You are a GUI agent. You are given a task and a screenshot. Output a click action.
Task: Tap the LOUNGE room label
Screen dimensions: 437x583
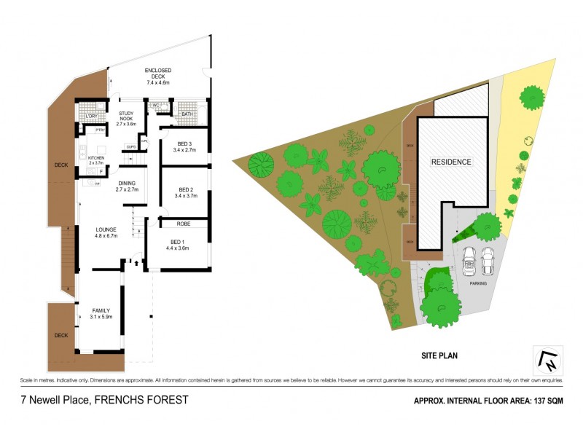pos(106,229)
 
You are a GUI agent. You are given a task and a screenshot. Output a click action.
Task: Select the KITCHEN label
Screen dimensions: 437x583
pos(96,157)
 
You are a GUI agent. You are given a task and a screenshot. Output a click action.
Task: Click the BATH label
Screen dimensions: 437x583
pos(187,114)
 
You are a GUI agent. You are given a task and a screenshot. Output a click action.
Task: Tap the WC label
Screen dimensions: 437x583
pos(156,106)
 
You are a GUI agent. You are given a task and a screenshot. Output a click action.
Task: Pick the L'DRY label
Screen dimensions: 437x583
pos(92,117)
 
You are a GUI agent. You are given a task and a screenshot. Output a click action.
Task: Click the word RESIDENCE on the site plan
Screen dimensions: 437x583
pos(450,162)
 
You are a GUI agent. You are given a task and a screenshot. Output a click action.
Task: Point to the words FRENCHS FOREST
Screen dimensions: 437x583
pos(144,400)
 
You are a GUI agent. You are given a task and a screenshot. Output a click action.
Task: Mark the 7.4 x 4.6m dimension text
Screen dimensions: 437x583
pos(157,82)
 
